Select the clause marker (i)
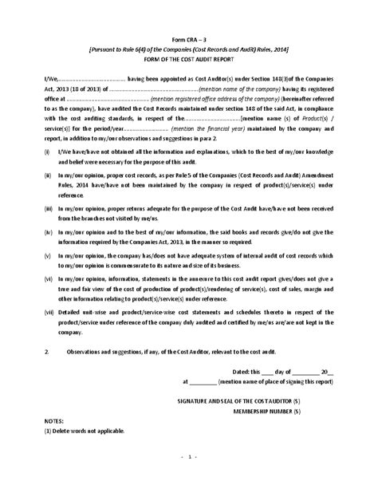click(x=48, y=151)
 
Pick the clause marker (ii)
click(x=49, y=173)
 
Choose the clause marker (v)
click(x=49, y=258)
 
